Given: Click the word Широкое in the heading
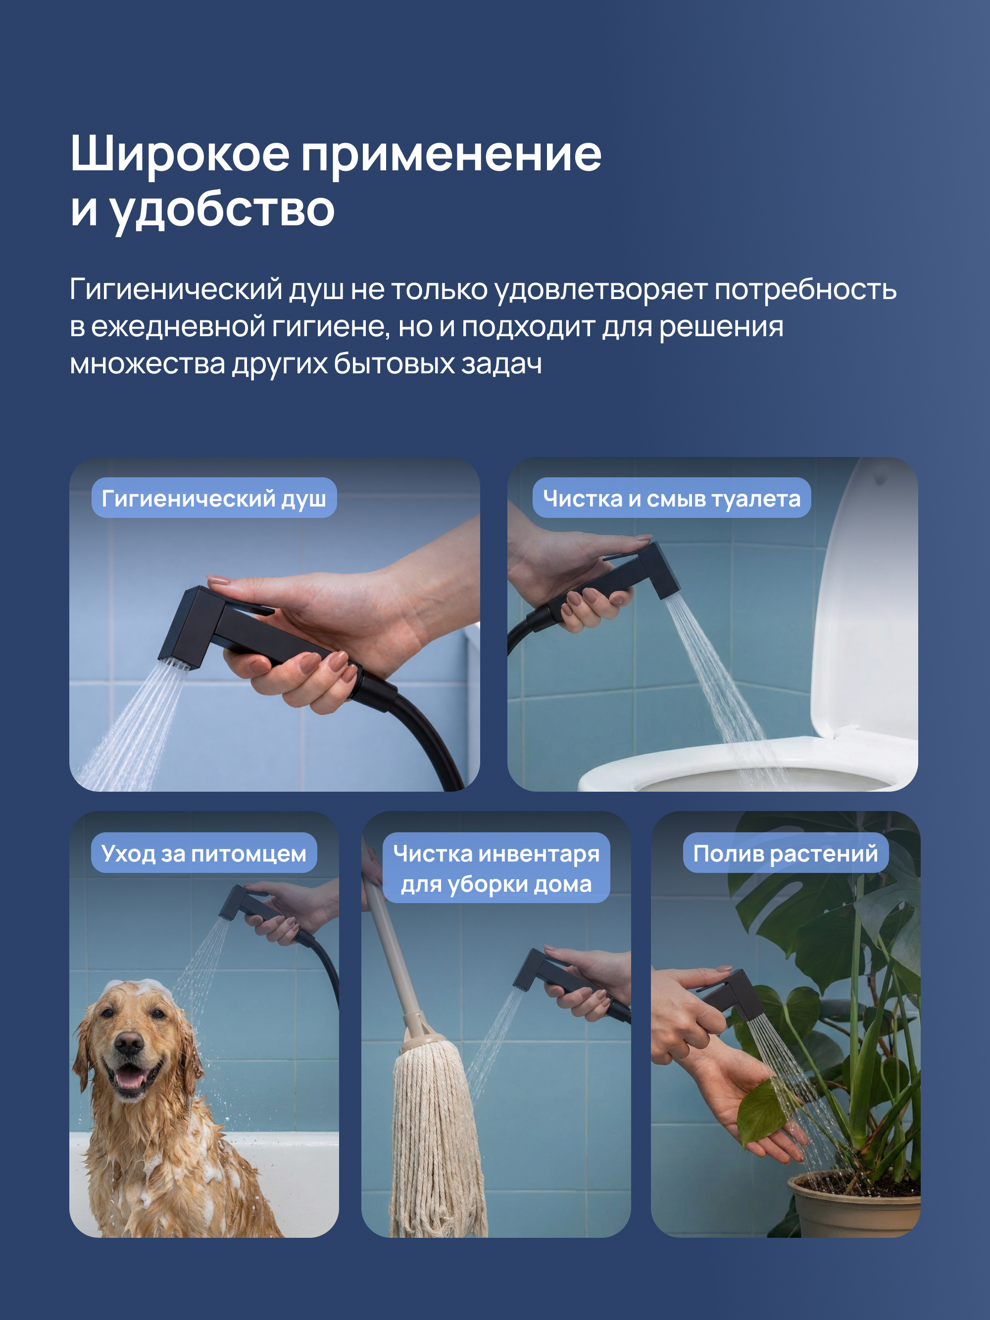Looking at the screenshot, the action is click(180, 154).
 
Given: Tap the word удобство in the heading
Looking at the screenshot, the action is click(222, 210).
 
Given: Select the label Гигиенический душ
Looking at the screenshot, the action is click(214, 498).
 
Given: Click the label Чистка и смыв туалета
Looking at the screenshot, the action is click(671, 498).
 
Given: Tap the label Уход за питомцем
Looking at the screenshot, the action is click(203, 853).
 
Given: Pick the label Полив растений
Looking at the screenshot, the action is click(785, 853).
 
